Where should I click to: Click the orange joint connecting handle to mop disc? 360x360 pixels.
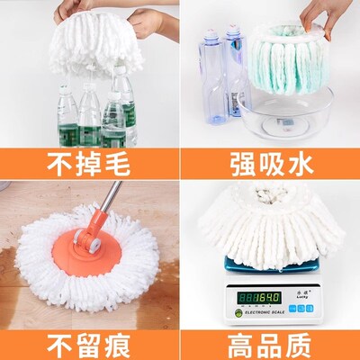click(86, 241)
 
